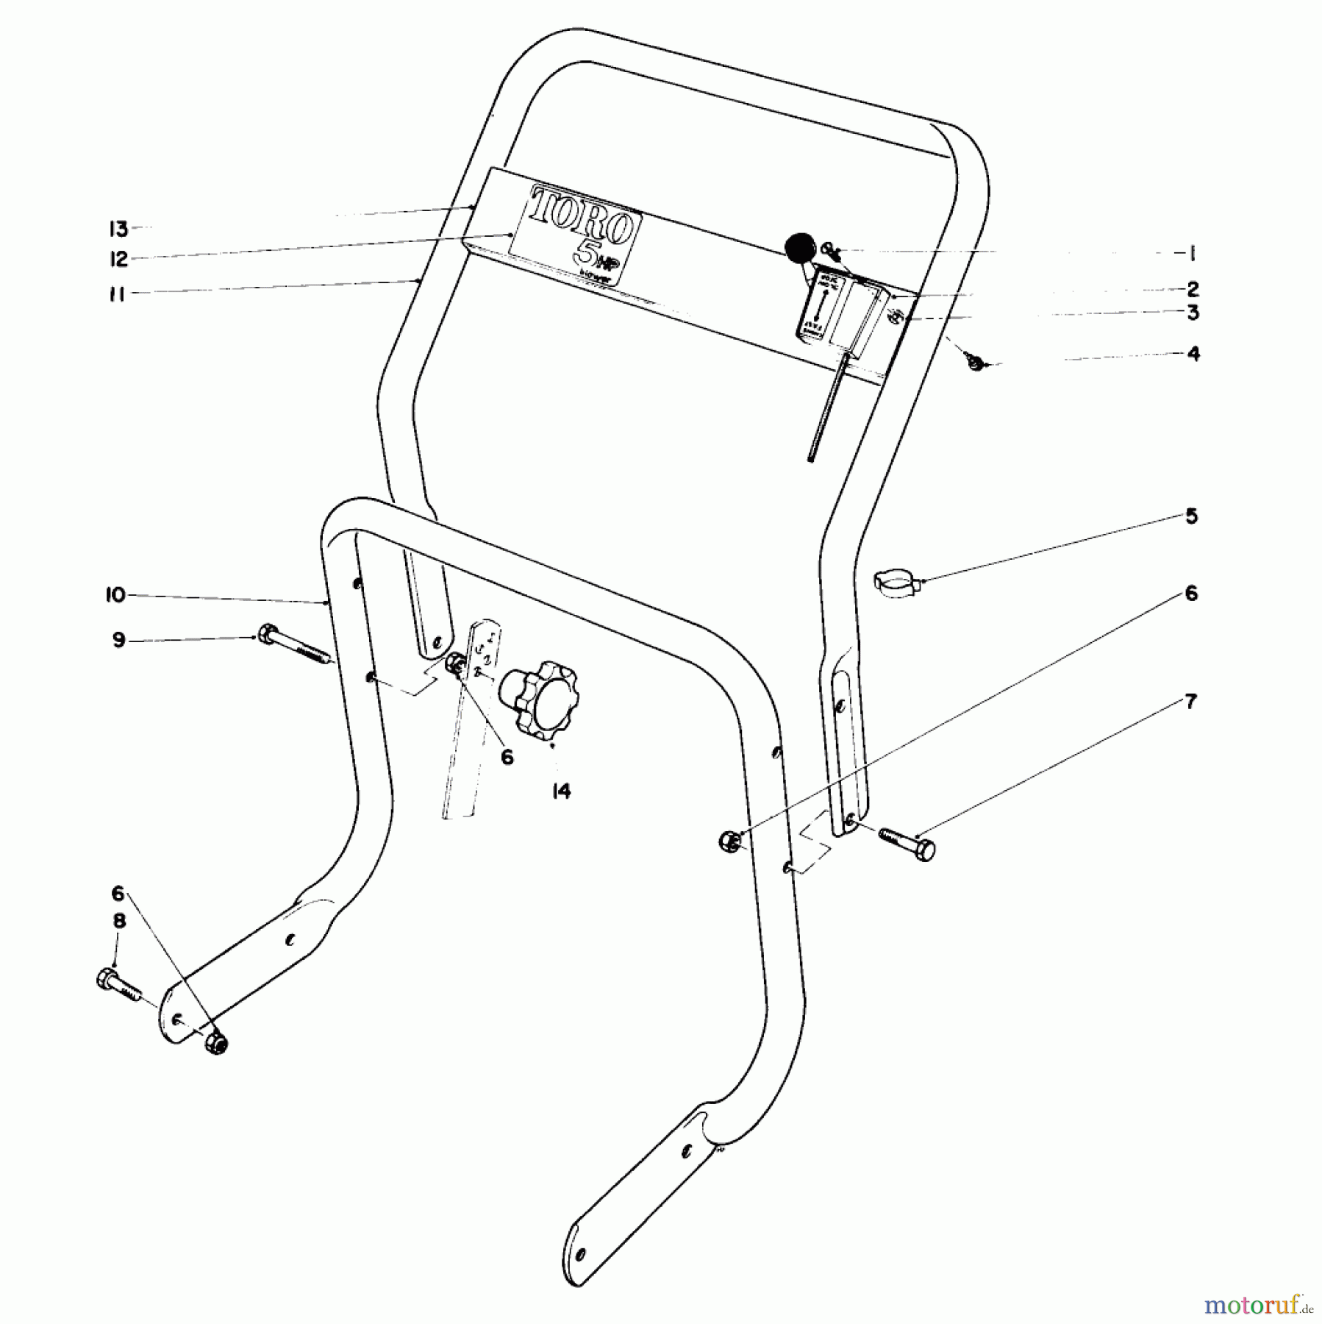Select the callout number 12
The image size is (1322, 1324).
(x=118, y=259)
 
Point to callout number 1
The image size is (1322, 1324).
(x=1192, y=254)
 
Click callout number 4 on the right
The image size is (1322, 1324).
(x=1193, y=354)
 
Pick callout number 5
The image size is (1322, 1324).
(x=1191, y=516)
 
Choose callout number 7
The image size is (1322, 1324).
(x=1191, y=702)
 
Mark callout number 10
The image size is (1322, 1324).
(x=115, y=594)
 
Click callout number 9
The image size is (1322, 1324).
(x=118, y=640)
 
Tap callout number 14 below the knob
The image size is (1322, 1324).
(x=562, y=791)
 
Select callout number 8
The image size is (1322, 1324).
(x=119, y=921)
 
